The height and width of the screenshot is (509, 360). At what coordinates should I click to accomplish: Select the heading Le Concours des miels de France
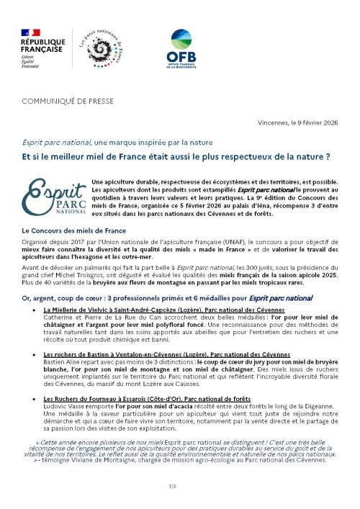pyautogui.click(x=78, y=230)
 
